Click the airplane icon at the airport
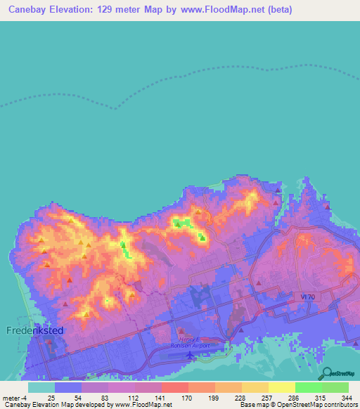190,353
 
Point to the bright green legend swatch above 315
308,387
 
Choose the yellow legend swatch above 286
281,387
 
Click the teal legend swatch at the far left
41,387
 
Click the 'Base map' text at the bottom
252,405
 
